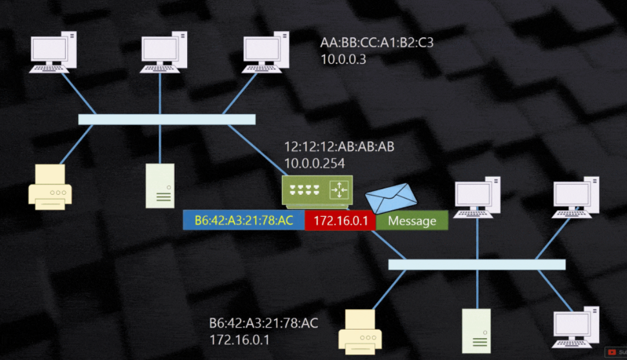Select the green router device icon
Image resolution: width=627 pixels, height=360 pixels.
pos(317,190)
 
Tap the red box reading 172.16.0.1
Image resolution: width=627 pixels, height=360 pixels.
pos(340,221)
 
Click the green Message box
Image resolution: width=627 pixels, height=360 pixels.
pos(412,221)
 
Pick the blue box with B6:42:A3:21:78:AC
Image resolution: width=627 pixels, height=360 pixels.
pos(244,221)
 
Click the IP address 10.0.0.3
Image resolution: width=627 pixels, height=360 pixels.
pos(344,59)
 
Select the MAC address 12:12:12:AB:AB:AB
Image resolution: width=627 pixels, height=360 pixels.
pos(339,147)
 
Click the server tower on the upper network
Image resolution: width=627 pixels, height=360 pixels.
pos(159,186)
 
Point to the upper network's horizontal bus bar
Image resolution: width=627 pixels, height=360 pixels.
pos(166,119)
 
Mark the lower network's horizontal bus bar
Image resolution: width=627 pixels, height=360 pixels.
pos(477,265)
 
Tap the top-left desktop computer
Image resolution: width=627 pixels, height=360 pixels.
pos(54,54)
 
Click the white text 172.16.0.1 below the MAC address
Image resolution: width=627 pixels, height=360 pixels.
pos(239,339)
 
